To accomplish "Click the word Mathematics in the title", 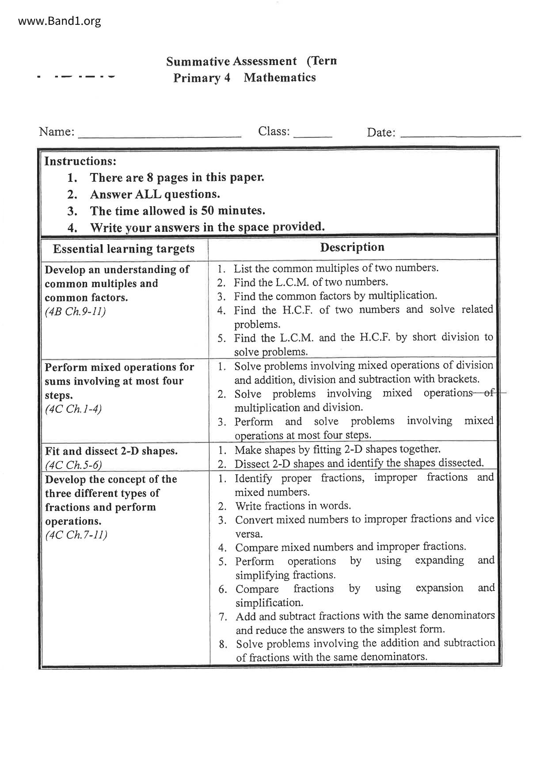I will coord(280,77).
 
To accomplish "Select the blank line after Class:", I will coord(312,135).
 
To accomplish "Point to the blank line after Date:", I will coord(460,135).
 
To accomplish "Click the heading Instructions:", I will coord(80,161).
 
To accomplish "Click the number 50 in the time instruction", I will coord(207,211).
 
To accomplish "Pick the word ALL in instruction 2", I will coord(148,194).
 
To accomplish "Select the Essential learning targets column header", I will coord(124,249).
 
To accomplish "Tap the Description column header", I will coord(352,247).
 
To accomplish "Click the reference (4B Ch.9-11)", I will coord(75,311).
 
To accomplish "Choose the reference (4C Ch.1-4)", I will coord(73,409).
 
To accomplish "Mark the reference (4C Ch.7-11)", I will coord(76,535).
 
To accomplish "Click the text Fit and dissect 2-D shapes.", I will coord(111,451).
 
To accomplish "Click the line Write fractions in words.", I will coord(293,506).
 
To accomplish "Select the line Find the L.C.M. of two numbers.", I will coord(311,282).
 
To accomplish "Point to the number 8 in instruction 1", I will coord(150,178).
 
